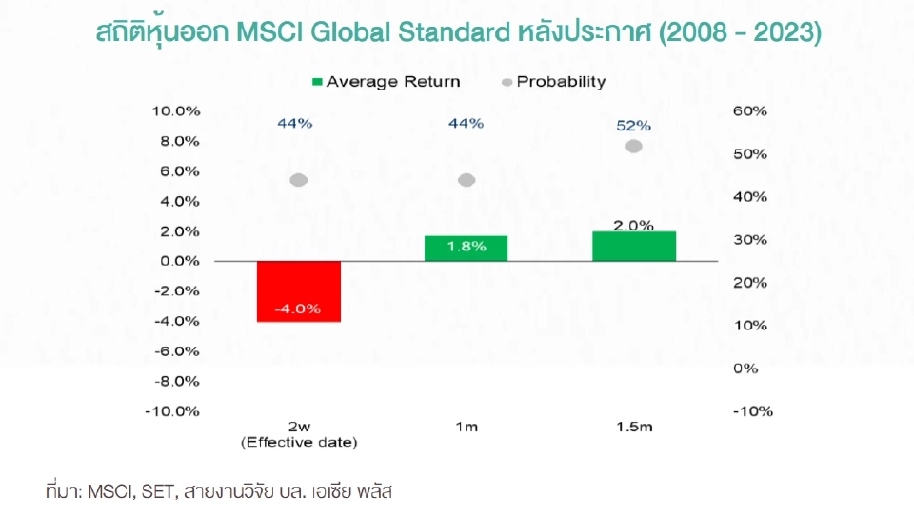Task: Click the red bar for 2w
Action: pos(299,290)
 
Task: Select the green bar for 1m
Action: pos(466,248)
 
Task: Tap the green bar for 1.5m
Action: pos(634,246)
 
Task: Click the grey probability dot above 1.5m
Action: pos(634,146)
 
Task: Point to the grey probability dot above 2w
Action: pos(298,180)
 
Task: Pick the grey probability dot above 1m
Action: pos(467,180)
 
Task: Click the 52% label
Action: pos(634,125)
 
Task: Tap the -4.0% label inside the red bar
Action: pos(298,309)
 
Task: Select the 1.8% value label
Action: pos(466,247)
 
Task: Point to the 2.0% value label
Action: pos(634,226)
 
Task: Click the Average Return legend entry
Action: pos(386,82)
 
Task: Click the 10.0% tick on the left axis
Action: pos(176,110)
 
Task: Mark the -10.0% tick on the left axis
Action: pos(174,411)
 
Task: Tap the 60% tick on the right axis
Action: pos(749,110)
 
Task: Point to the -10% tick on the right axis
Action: pos(752,411)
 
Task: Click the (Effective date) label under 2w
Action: pos(299,443)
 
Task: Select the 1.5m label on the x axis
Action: pos(634,428)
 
